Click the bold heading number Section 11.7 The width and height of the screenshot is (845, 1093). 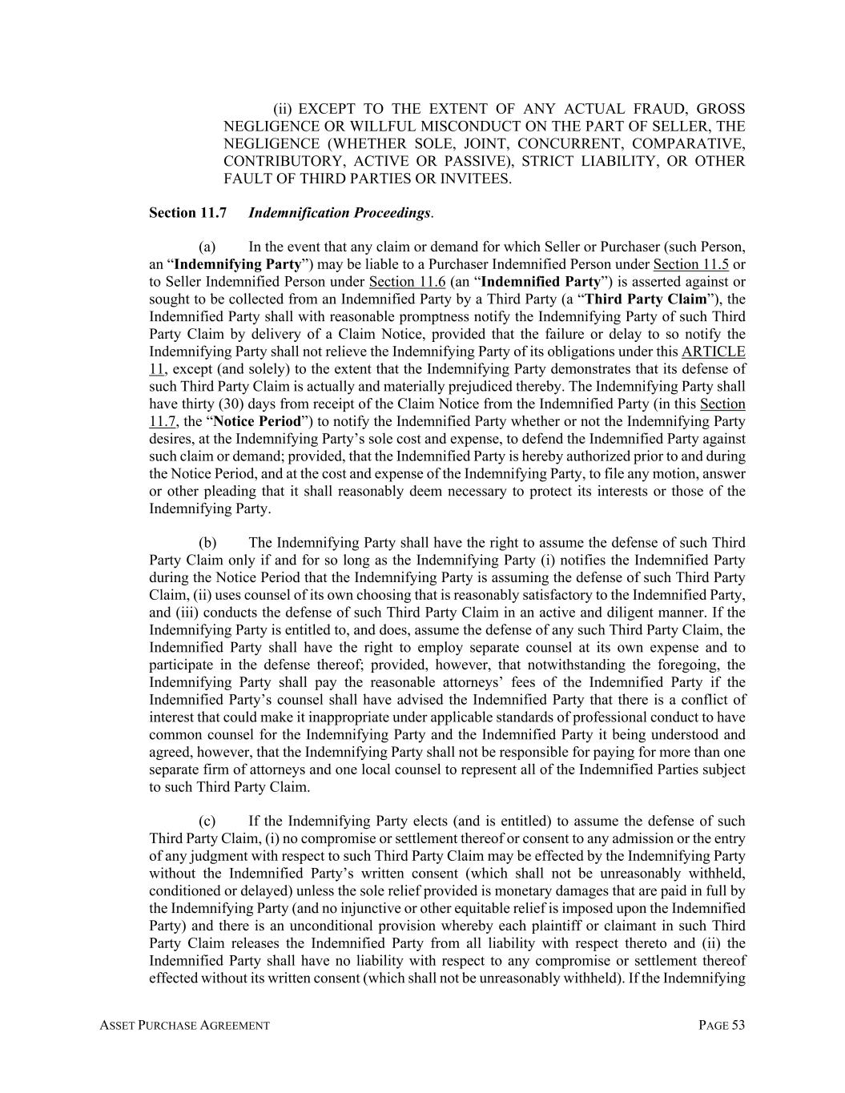[x=187, y=213]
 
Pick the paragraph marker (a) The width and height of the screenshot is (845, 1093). [x=207, y=247]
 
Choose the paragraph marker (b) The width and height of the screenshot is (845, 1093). [x=207, y=543]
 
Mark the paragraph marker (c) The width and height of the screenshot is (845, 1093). [x=207, y=822]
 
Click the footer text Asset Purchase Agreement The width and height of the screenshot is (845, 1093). [x=185, y=1026]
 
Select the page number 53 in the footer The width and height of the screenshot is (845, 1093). [x=737, y=1026]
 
